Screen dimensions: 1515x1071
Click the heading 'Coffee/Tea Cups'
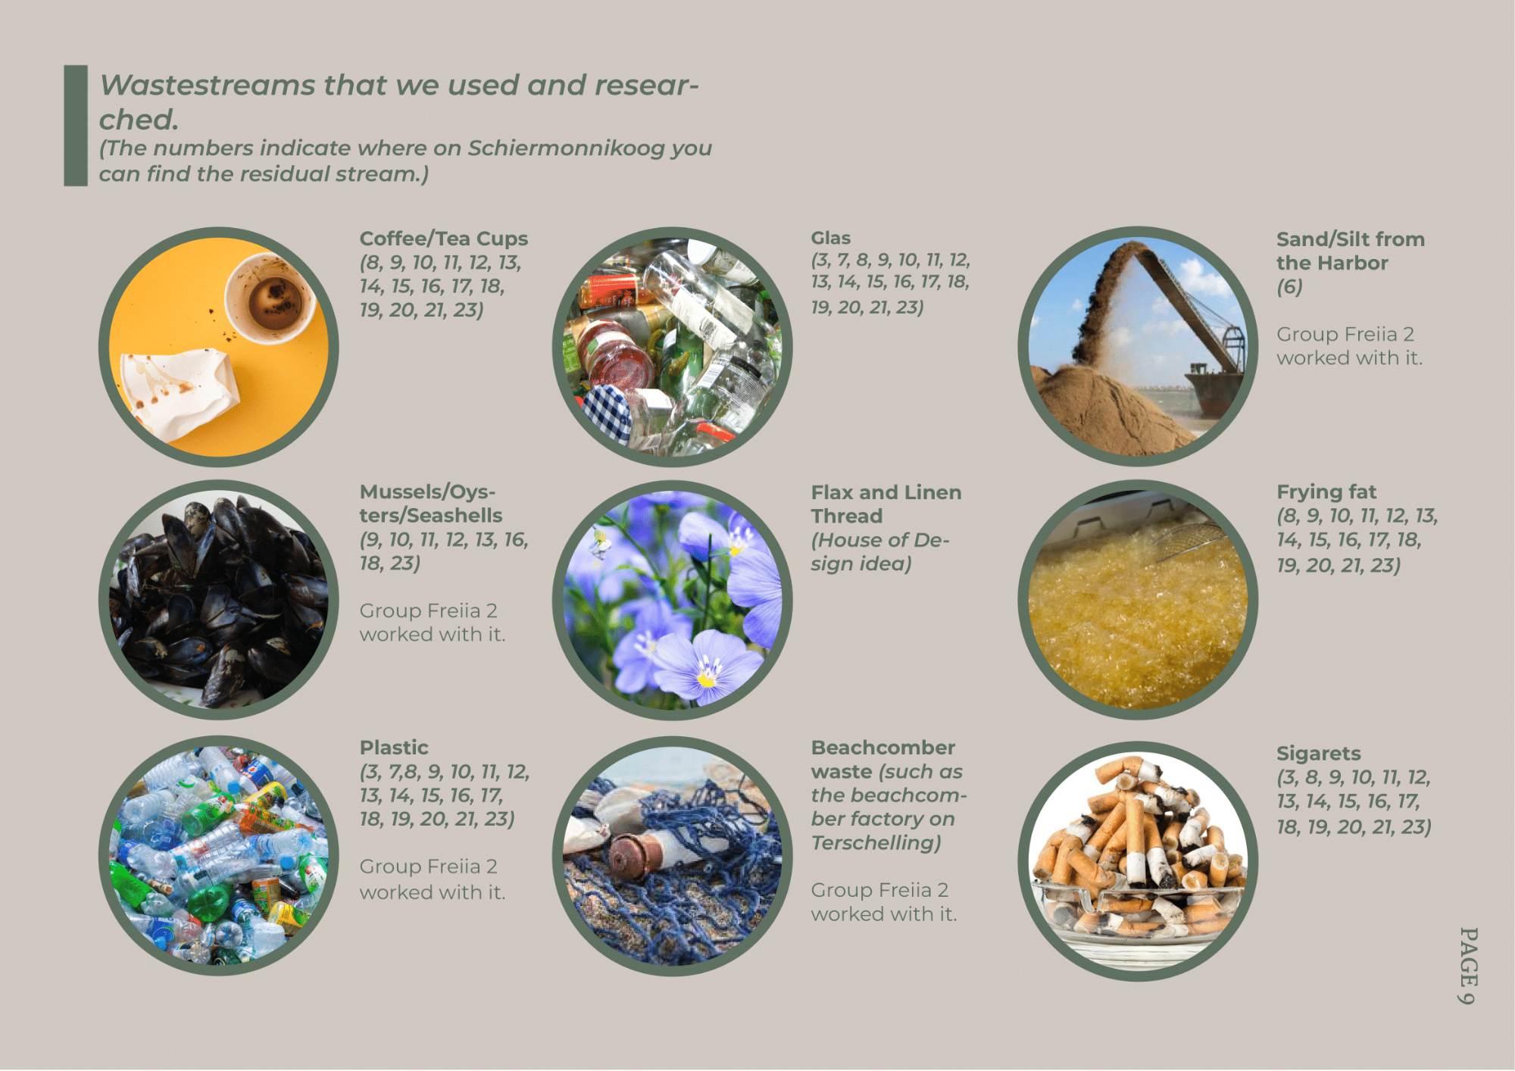[444, 239]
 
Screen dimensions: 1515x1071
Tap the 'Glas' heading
[831, 238]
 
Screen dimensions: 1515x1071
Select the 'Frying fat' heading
[1326, 492]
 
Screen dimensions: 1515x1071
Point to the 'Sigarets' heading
[1319, 754]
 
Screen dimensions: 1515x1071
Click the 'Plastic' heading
[394, 748]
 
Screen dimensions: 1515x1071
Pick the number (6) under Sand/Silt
[1290, 287]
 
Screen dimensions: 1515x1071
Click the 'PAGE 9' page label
[1468, 965]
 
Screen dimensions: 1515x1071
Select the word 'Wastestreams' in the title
[207, 86]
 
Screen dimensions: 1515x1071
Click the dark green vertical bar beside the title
[76, 125]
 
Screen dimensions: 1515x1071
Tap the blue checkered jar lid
[607, 411]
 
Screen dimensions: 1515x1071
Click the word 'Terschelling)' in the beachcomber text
[876, 843]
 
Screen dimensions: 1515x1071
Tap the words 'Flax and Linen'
[886, 492]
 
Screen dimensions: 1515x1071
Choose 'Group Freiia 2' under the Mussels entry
[428, 610]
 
